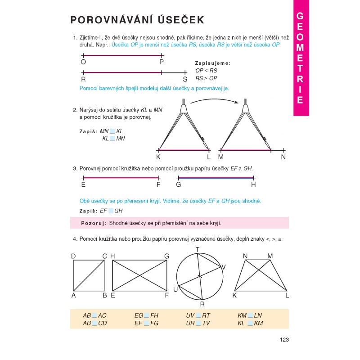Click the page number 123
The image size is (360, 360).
[283, 340]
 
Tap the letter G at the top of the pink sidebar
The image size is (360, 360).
[301, 17]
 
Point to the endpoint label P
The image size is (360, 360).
[162, 63]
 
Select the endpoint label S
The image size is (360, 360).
[185, 79]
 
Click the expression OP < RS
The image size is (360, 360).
[206, 71]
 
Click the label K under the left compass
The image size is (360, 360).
[158, 157]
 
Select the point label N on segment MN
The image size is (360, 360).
[283, 157]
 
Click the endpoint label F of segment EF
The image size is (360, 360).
[158, 184]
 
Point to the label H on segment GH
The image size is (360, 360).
[253, 184]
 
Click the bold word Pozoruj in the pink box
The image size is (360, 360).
[93, 223]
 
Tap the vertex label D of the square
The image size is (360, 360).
[73, 256]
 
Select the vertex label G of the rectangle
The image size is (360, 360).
[166, 256]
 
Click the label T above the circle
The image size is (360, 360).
[198, 250]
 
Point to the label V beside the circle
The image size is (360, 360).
[224, 267]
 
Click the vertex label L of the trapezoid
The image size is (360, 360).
[287, 296]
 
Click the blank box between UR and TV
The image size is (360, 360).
[198, 323]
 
